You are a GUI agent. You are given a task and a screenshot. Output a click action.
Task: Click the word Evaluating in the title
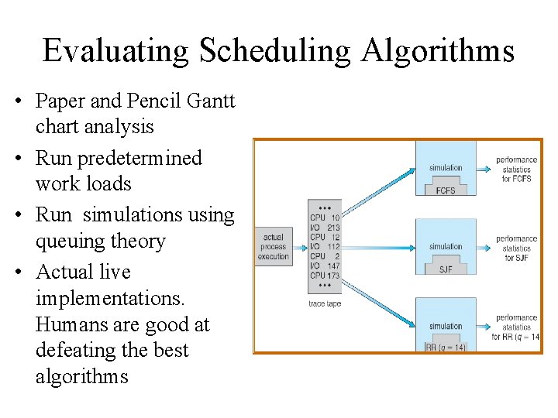coord(115,51)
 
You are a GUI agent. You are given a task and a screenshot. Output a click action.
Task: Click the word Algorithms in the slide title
coord(437,51)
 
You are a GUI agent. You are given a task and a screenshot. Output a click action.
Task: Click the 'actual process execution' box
coord(273,247)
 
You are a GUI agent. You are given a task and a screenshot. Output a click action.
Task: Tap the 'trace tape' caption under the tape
coord(325,303)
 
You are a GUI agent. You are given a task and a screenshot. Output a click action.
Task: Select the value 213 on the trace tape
coord(333,228)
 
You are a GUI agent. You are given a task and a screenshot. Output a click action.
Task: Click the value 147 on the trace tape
coord(333,266)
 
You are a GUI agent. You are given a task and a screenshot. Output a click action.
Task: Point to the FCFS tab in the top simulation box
coord(446,190)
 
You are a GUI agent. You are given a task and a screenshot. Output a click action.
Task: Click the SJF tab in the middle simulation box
coord(446,269)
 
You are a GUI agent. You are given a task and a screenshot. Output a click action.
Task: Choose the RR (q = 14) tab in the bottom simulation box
coord(446,348)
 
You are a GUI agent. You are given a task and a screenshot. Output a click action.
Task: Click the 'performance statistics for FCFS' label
coord(517,170)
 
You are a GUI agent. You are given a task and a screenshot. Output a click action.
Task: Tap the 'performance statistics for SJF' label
coord(517,248)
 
